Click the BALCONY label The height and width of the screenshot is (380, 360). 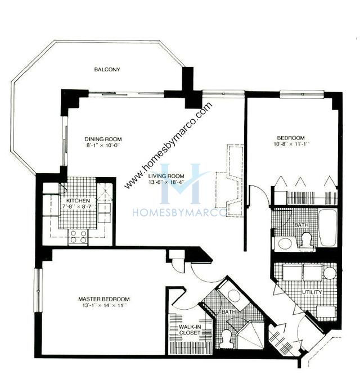pos(107,70)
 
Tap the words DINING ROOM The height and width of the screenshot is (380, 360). pos(103,139)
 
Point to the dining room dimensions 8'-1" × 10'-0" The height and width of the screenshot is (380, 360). pos(103,146)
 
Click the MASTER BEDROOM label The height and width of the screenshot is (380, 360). pos(104,298)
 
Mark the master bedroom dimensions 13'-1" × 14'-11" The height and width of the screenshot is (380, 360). pos(104,306)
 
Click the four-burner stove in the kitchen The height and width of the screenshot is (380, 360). pos(79,237)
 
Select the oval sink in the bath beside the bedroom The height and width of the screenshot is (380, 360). pos(285,243)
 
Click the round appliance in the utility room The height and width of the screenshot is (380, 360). pos(329,273)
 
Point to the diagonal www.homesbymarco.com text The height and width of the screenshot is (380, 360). pos(169,145)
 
